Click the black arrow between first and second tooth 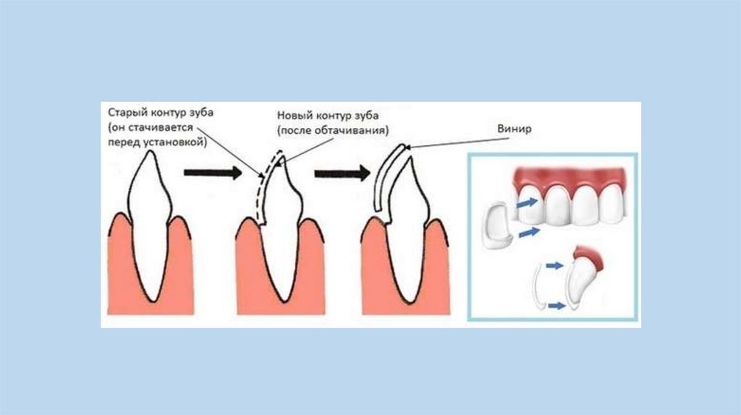coord(211,173)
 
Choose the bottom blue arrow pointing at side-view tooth coord(556,306)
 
